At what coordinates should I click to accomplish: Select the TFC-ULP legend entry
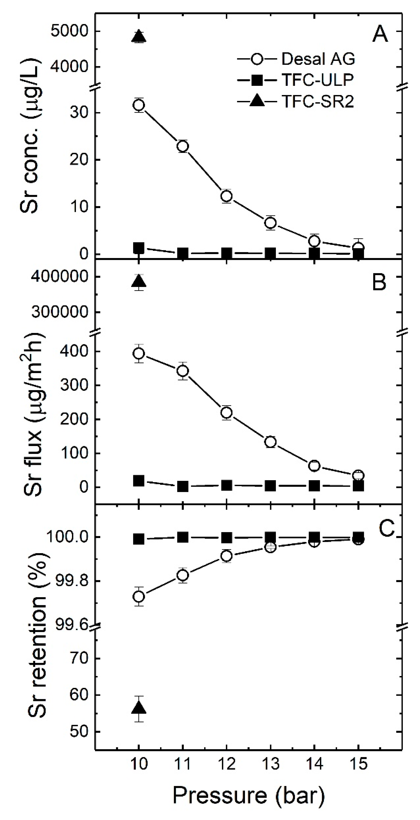(296, 81)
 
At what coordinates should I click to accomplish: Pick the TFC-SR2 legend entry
(296, 102)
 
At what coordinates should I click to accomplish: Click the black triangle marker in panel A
(139, 37)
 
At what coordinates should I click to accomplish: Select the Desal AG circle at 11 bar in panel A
(183, 146)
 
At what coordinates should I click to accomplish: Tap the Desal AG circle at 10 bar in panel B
(139, 353)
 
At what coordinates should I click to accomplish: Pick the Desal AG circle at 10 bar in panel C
(139, 596)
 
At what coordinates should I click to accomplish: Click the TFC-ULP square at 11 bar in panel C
(183, 537)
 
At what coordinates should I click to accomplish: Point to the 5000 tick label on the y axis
(69, 31)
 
